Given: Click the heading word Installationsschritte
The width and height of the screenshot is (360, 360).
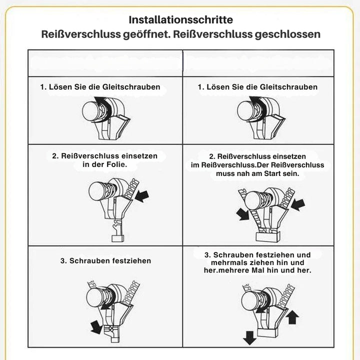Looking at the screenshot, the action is [181, 19].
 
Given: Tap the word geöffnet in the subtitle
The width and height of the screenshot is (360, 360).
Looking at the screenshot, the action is [146, 34].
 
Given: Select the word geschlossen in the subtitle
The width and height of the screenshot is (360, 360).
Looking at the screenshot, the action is [287, 34].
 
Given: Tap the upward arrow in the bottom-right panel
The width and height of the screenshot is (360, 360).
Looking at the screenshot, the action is [293, 317].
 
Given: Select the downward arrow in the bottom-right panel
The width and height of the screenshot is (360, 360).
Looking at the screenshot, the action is [249, 338].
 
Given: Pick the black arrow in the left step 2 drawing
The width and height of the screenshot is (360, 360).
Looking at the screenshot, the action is [142, 196].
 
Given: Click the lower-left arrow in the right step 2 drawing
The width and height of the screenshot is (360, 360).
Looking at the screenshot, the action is [242, 214].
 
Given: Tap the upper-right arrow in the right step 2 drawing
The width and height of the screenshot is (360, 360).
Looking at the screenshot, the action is [298, 205].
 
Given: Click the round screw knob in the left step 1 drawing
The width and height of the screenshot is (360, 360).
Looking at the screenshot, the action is [90, 111].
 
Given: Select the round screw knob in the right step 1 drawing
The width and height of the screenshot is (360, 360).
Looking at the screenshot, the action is [245, 111].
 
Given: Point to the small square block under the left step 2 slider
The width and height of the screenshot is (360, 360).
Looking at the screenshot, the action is [118, 238].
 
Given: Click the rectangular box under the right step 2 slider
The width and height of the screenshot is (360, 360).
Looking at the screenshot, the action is [268, 236].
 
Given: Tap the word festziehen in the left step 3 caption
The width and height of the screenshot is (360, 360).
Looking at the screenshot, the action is [132, 261].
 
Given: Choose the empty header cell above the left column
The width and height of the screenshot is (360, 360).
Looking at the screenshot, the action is [105, 63].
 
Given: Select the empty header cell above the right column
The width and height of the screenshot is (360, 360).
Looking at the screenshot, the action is [258, 63].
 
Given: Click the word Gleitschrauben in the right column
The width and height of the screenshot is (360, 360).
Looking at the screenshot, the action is [288, 87].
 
